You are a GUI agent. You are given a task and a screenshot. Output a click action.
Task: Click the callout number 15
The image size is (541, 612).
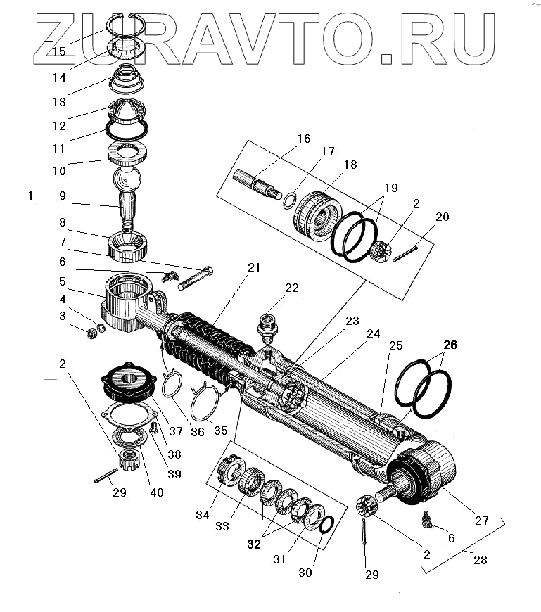click(x=59, y=51)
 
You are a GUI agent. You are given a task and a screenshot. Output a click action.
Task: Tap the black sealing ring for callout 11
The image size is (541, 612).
click(x=127, y=129)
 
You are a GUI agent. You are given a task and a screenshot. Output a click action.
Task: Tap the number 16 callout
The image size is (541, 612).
click(x=303, y=139)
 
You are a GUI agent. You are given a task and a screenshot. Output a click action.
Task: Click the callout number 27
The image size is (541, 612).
click(x=481, y=521)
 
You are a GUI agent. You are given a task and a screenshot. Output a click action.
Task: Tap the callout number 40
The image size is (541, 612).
click(x=156, y=492)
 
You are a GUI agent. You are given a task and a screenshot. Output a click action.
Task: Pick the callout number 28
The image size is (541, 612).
click(x=480, y=561)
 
